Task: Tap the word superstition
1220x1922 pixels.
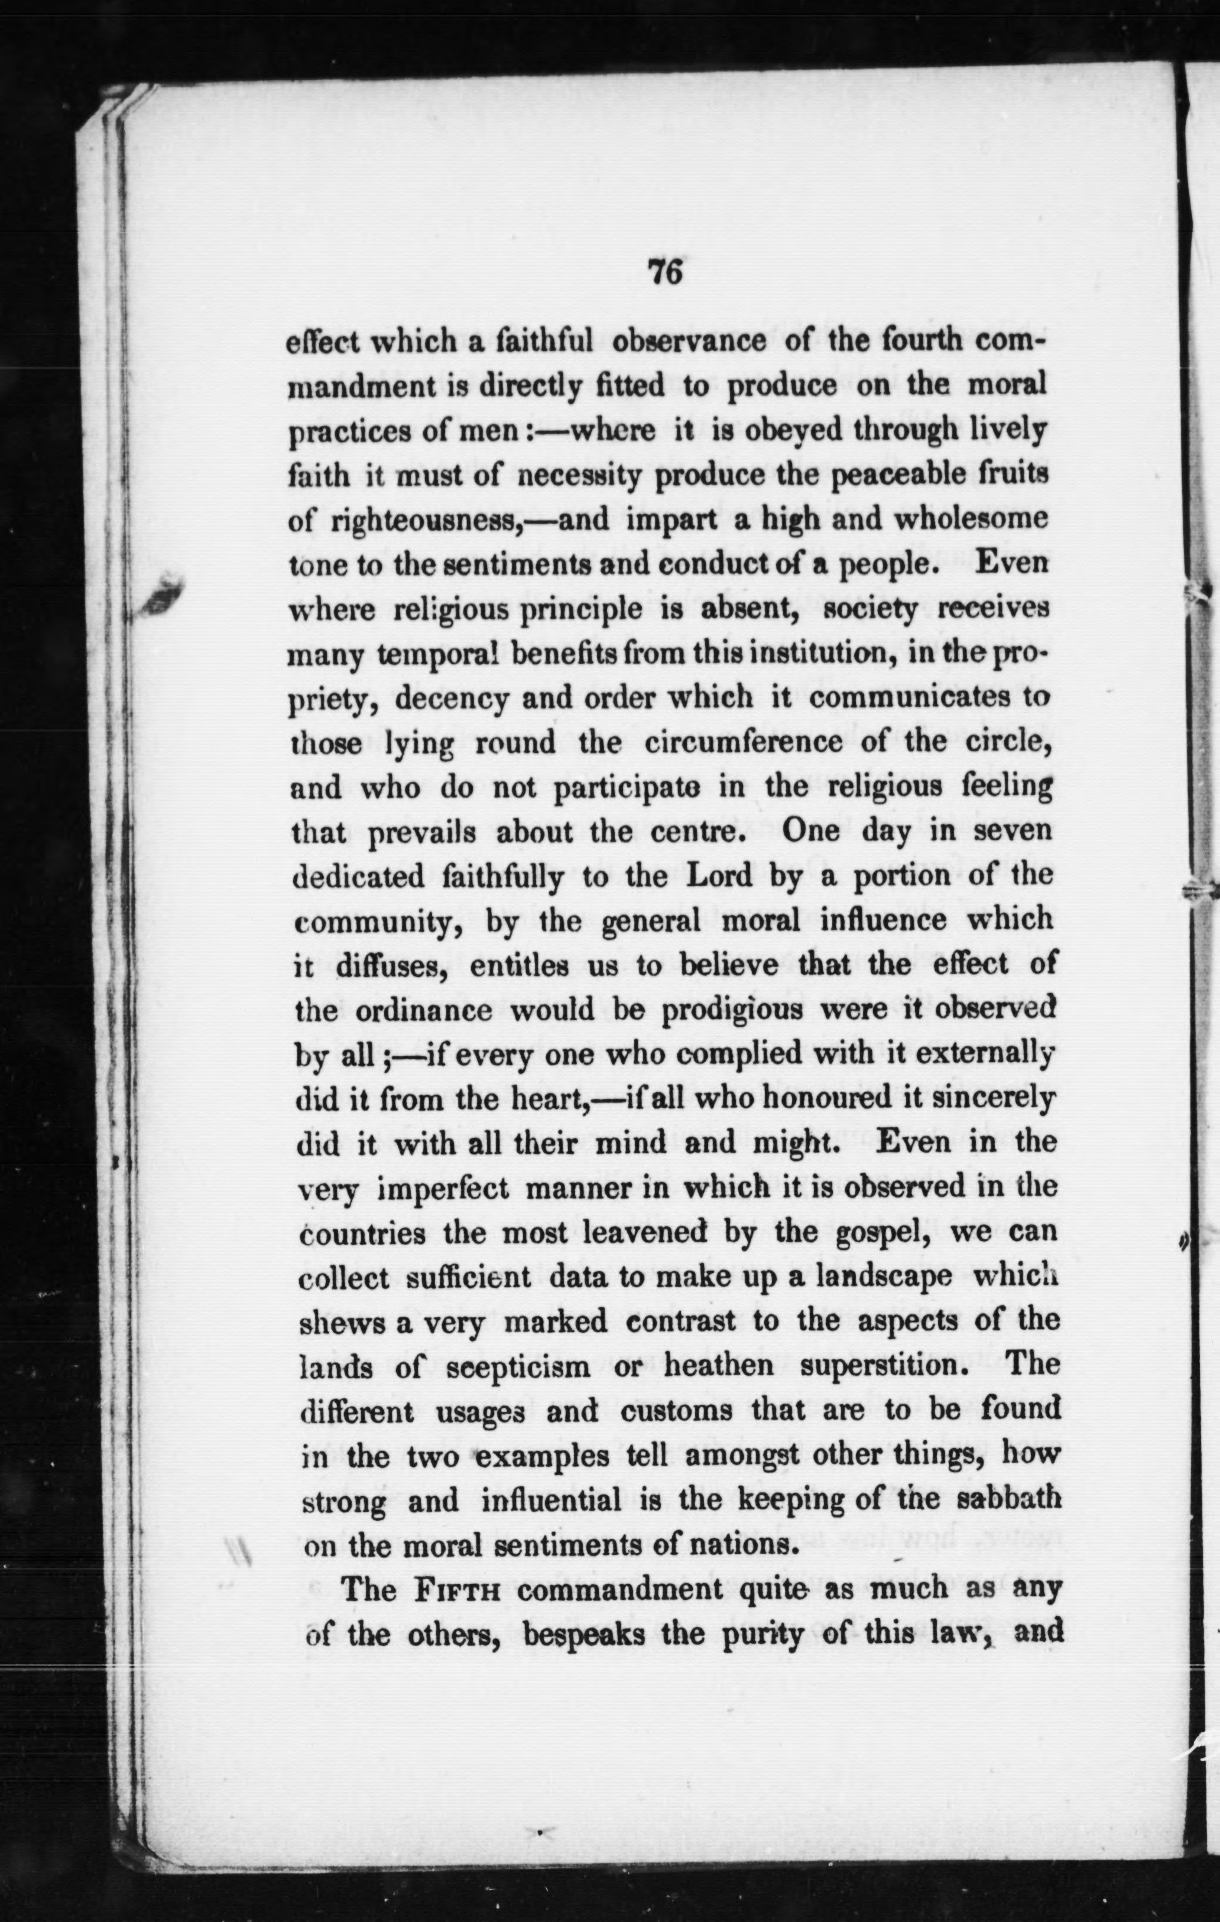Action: pyautogui.click(x=874, y=1367)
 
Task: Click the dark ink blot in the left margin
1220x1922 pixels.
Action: pyautogui.click(x=162, y=593)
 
